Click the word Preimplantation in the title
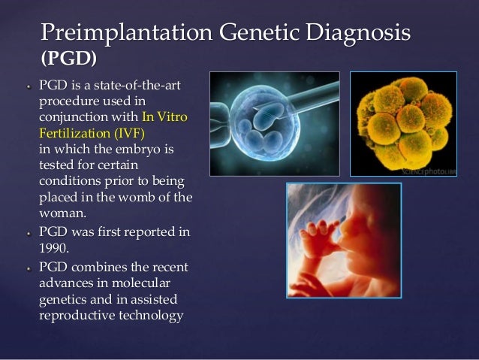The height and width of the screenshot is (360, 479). coord(123,33)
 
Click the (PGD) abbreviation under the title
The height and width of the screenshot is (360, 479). coord(68,58)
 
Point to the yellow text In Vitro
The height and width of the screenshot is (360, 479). coord(164,116)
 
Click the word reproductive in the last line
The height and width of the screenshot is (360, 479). coord(74,316)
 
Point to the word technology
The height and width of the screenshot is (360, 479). coord(149,316)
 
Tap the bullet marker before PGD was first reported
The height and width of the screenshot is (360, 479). coord(26,233)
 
